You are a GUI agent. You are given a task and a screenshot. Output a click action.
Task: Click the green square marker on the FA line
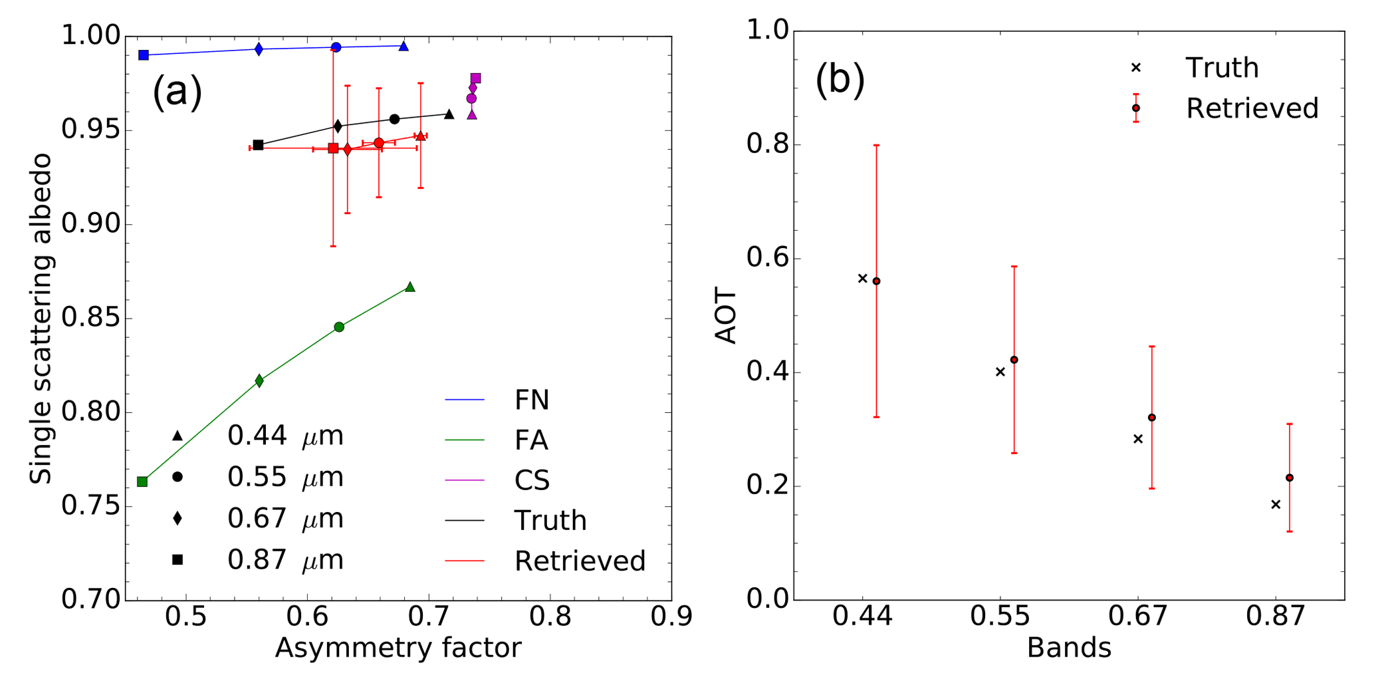pyautogui.click(x=142, y=481)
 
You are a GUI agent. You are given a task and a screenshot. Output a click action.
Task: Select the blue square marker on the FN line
pyautogui.click(x=144, y=55)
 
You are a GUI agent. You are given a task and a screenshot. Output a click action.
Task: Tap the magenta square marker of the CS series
pyautogui.click(x=476, y=78)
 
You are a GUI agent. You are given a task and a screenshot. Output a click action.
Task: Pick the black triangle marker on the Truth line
pyautogui.click(x=449, y=114)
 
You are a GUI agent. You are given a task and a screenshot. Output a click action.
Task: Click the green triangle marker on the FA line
pyautogui.click(x=410, y=287)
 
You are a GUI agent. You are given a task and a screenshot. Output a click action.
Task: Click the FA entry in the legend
pyautogui.click(x=531, y=440)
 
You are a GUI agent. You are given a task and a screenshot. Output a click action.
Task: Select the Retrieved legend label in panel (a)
pyautogui.click(x=580, y=561)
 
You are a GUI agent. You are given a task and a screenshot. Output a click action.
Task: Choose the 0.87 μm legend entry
pyautogui.click(x=285, y=560)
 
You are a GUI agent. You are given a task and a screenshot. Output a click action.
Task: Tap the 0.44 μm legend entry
pyautogui.click(x=285, y=436)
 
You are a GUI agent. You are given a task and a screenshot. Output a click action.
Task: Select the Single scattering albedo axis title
pyautogui.click(x=41, y=319)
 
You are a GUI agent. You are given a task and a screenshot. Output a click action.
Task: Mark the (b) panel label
pyautogui.click(x=840, y=80)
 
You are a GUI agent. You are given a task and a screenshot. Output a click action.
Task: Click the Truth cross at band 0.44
pyautogui.click(x=863, y=279)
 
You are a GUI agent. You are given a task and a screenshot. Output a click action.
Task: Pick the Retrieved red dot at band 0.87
pyautogui.click(x=1290, y=478)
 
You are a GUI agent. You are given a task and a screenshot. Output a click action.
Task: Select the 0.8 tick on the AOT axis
pyautogui.click(x=768, y=145)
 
